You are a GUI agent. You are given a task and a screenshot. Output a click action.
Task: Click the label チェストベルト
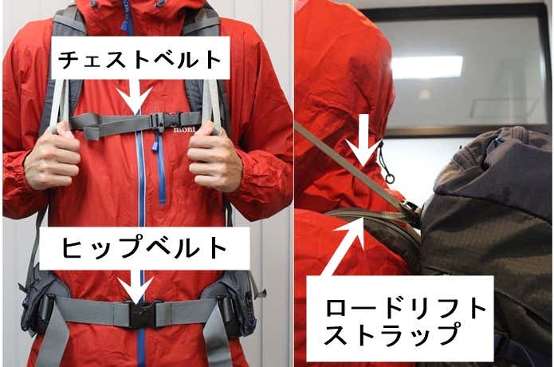(x=140, y=60)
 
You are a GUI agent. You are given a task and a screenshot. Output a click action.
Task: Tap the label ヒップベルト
(x=144, y=247)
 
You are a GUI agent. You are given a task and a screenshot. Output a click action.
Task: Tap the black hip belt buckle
(x=142, y=314)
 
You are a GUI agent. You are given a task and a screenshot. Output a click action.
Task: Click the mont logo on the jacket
(x=184, y=130)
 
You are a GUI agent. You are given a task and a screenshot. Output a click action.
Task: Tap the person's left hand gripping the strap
(x=214, y=156)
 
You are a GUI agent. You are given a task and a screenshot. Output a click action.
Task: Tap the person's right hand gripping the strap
(x=52, y=156)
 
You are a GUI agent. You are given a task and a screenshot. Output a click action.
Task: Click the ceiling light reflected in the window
(x=426, y=67)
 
